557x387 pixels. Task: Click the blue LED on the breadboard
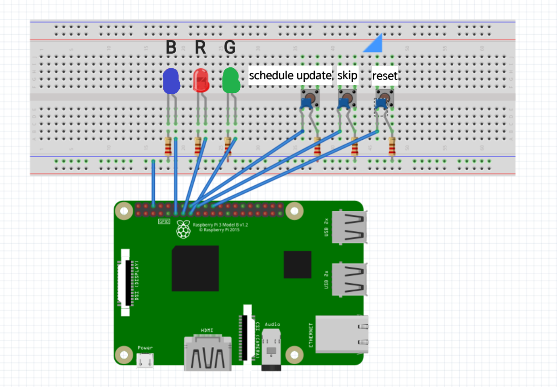pyautogui.click(x=171, y=81)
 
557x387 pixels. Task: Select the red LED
pyautogui.click(x=201, y=81)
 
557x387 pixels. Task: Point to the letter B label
pyautogui.click(x=171, y=48)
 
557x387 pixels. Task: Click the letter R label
pyautogui.click(x=200, y=48)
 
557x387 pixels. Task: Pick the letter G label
pyautogui.click(x=230, y=48)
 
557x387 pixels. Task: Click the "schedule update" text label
pyautogui.click(x=290, y=75)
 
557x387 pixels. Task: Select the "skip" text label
pyautogui.click(x=347, y=75)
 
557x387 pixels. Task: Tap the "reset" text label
pyautogui.click(x=385, y=76)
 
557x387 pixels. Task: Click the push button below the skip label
pyautogui.click(x=347, y=99)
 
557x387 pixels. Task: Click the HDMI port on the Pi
pyautogui.click(x=207, y=353)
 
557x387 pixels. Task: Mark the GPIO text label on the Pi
pyautogui.click(x=164, y=221)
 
